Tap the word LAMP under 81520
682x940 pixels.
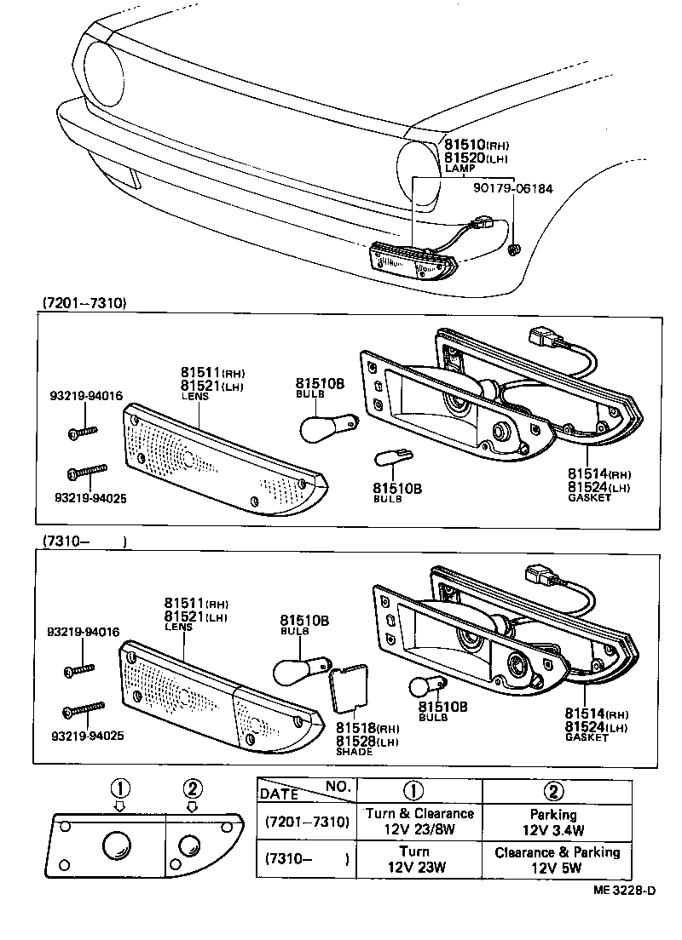coord(459,169)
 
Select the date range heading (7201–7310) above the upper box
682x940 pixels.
coord(84,303)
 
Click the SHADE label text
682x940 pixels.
coord(354,752)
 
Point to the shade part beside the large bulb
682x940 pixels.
coord(348,688)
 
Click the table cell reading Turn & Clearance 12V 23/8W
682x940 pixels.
coord(419,822)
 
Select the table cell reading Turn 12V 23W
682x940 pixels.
coord(419,860)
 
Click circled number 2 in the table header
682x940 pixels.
coord(554,791)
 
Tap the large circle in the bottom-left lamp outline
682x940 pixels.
coord(117,846)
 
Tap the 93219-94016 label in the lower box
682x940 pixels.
coord(83,632)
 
